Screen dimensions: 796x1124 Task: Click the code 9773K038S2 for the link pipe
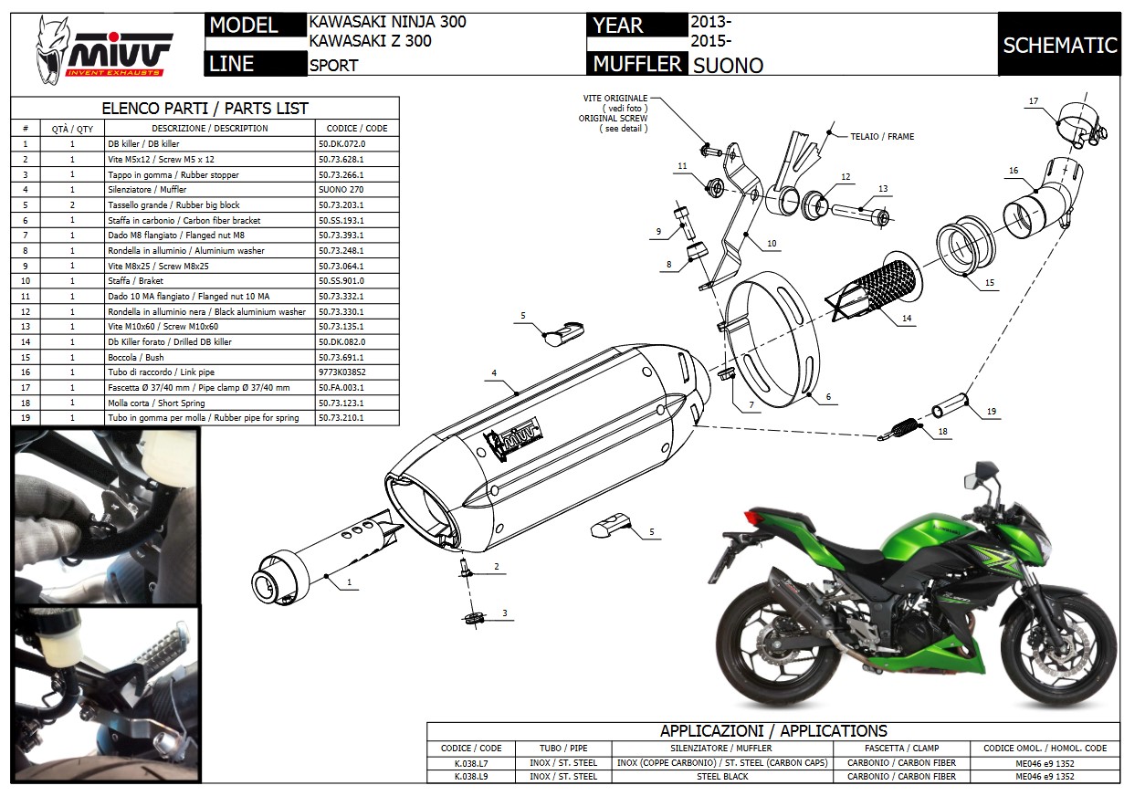[x=343, y=372]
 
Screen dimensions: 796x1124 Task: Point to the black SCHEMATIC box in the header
[x=1059, y=45]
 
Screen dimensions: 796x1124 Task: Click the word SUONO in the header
[x=728, y=65]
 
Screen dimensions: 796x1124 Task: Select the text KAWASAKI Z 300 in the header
[x=371, y=40]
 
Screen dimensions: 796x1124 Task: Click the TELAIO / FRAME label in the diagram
[x=883, y=137]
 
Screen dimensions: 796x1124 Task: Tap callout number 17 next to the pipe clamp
[x=1033, y=101]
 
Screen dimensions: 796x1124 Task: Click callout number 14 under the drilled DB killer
[x=907, y=318]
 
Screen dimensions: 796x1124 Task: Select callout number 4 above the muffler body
[x=493, y=372]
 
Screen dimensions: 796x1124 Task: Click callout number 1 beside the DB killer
[x=349, y=581]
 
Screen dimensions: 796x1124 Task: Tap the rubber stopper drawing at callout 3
[x=472, y=619]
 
